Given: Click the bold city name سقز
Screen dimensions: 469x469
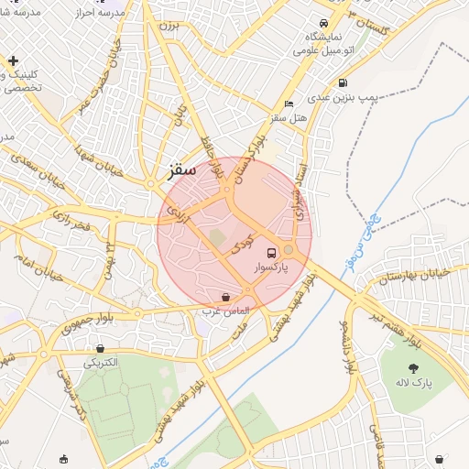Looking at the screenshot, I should coord(182,171).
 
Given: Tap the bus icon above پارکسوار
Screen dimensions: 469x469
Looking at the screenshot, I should coord(271,252).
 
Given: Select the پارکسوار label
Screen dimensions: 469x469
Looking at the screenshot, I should coord(271,267).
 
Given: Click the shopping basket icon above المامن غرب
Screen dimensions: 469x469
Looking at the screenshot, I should coord(225,296).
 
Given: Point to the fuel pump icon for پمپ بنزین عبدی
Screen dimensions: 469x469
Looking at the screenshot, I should coord(342,82).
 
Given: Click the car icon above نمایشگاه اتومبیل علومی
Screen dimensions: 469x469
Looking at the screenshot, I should coord(323,23).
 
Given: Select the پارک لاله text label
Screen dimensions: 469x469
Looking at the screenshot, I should coord(413,381).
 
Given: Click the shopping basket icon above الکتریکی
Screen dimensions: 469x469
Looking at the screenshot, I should coord(100,348).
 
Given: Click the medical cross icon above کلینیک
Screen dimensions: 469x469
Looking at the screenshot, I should coord(13,61).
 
